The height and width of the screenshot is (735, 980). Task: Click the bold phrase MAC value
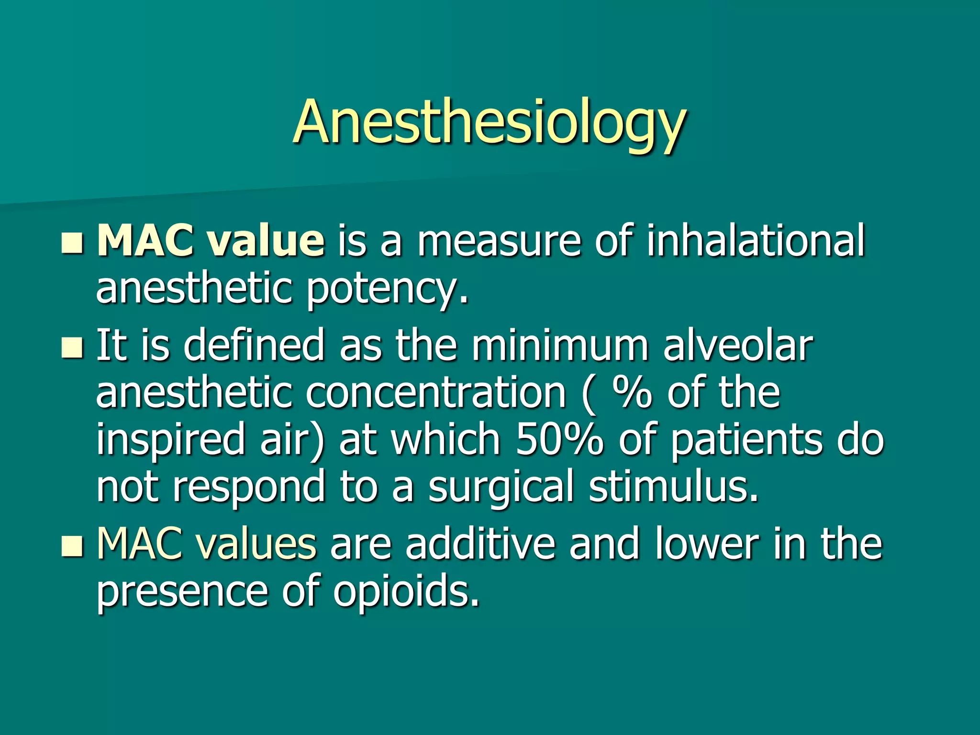coord(211,241)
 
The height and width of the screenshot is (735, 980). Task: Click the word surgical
coord(501,488)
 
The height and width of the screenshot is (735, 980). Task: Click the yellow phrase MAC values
coord(206,544)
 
